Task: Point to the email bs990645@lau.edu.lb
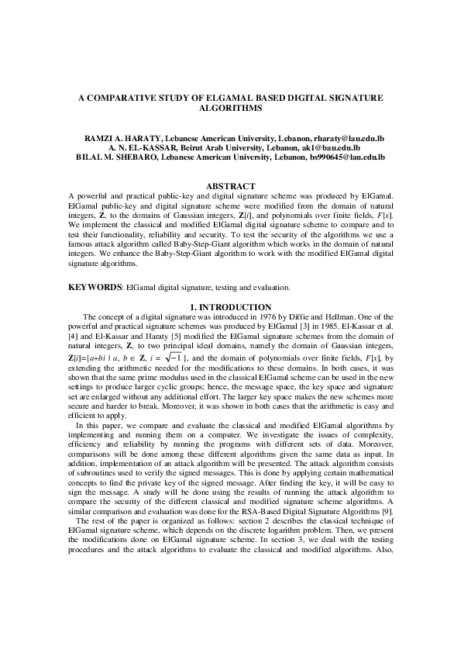pos(349,157)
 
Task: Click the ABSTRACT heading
pos(230,186)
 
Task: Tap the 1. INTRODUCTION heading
pos(230,307)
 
